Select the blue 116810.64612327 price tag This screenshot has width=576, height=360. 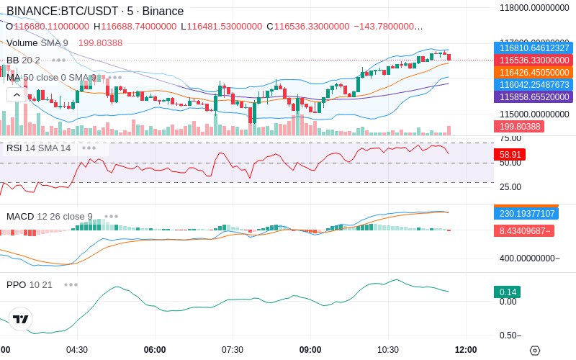tap(533, 48)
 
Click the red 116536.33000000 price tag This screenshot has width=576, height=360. tap(533, 60)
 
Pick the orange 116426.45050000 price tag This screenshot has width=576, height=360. tap(533, 72)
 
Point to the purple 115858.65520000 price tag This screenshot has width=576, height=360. tap(533, 96)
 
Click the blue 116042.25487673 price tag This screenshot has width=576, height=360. tap(533, 84)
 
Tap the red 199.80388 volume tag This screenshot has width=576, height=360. tap(518, 126)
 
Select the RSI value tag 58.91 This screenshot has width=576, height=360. tap(510, 154)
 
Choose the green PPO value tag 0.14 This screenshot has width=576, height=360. tap(507, 292)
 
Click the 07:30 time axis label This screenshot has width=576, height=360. tap(233, 350)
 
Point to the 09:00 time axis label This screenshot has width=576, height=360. tap(310, 350)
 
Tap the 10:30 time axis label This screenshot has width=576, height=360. tap(388, 350)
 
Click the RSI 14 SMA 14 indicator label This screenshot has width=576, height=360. tap(39, 148)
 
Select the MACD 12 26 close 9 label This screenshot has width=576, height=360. tap(50, 216)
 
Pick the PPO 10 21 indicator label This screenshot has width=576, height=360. tap(30, 284)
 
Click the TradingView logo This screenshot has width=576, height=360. tap(21, 319)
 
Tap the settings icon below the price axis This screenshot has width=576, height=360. tap(534, 351)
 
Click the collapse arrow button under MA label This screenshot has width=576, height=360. tap(14, 94)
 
